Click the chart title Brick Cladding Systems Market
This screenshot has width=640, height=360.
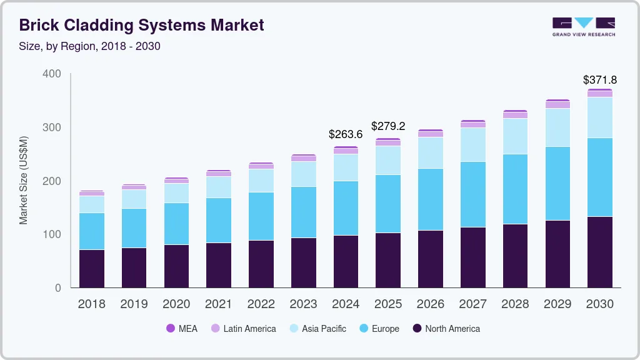pyautogui.click(x=142, y=25)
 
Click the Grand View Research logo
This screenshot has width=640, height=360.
pyautogui.click(x=583, y=26)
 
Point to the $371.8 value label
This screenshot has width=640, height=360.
pyautogui.click(x=599, y=80)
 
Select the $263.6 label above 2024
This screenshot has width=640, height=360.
pyautogui.click(x=345, y=134)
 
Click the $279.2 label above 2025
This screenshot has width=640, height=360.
pyautogui.click(x=387, y=126)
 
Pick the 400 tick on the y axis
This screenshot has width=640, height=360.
pyautogui.click(x=52, y=74)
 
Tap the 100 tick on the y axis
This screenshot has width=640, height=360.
pyautogui.click(x=52, y=234)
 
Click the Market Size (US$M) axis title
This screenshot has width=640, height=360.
pyautogui.click(x=24, y=180)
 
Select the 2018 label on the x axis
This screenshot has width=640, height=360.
pyautogui.click(x=91, y=304)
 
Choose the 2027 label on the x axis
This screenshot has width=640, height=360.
pyautogui.click(x=472, y=304)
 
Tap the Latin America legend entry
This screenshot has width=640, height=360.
pyautogui.click(x=243, y=329)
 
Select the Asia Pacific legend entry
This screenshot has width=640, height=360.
pyautogui.click(x=317, y=329)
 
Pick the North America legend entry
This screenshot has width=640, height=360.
pyautogui.click(x=446, y=329)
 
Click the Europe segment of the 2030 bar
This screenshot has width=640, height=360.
pyautogui.click(x=599, y=177)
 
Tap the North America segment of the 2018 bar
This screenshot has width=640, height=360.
pyautogui.click(x=91, y=269)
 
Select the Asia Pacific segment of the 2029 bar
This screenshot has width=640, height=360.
pyautogui.click(x=557, y=127)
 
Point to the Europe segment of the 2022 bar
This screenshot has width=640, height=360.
pyautogui.click(x=261, y=216)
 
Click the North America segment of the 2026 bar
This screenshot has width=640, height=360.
pyautogui.click(x=430, y=259)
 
